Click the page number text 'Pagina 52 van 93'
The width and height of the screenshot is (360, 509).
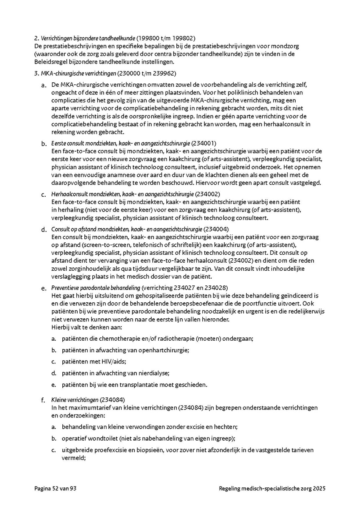click(x=55, y=488)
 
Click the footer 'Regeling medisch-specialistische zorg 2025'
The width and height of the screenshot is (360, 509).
click(x=272, y=488)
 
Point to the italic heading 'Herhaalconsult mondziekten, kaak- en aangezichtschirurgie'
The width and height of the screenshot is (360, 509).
click(x=122, y=194)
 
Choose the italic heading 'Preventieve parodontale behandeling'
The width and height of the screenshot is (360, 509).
click(x=96, y=288)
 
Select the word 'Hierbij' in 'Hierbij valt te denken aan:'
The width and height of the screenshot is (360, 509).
click(x=60, y=327)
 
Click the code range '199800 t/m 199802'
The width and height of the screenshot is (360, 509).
click(x=166, y=38)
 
